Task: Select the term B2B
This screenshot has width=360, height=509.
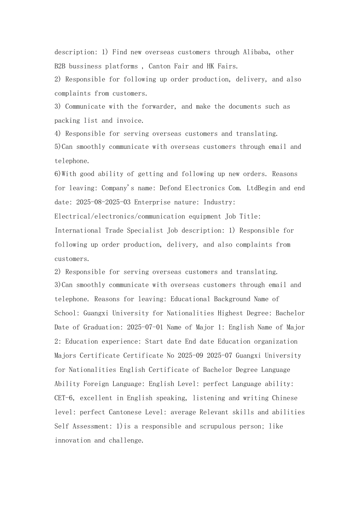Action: pyautogui.click(x=60, y=66)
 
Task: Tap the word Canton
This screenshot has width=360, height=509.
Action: pyautogui.click(x=159, y=66)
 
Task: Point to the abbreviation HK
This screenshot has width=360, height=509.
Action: pyautogui.click(x=210, y=66)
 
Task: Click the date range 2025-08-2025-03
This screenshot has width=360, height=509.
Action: pyautogui.click(x=103, y=202)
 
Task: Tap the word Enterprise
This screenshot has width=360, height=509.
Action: pyautogui.click(x=152, y=202)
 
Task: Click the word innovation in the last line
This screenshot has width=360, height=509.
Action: pyautogui.click(x=72, y=440)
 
